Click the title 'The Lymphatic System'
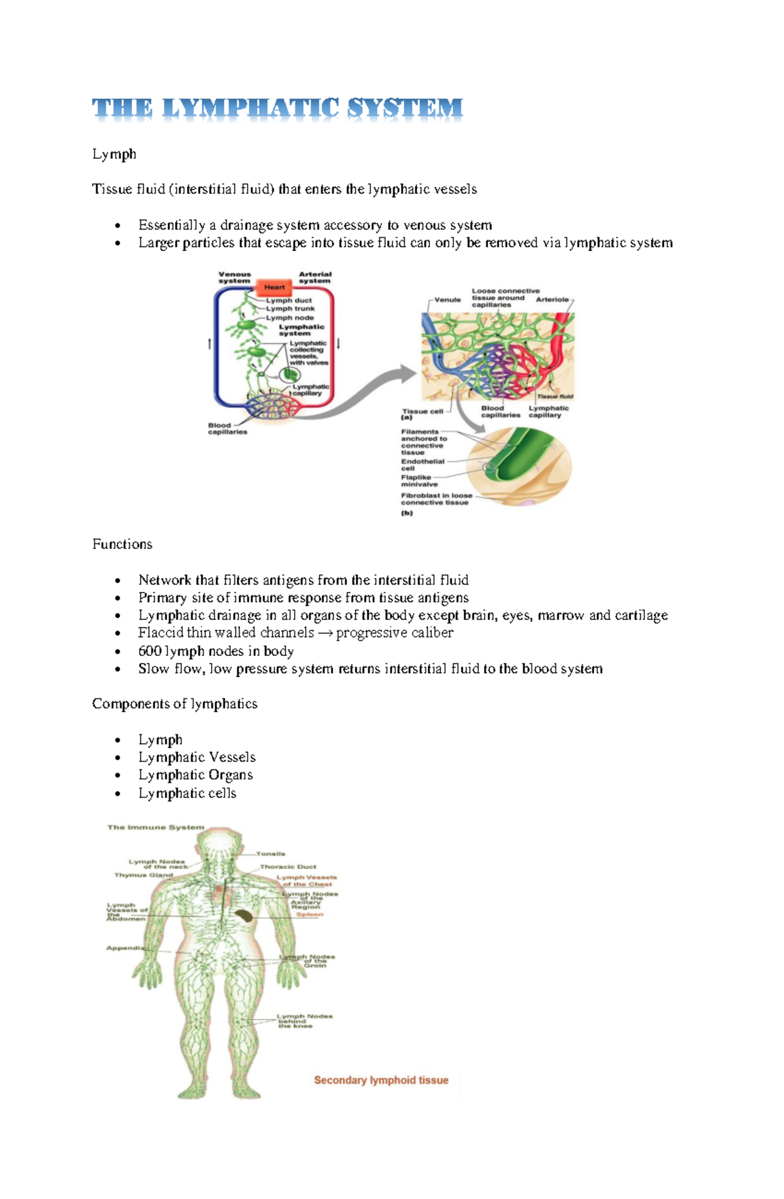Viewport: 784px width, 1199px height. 277,108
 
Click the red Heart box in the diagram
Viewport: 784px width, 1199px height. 274,287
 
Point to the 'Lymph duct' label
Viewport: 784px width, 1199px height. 289,301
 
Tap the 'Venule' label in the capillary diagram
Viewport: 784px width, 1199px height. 448,300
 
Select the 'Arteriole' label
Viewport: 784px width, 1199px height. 552,299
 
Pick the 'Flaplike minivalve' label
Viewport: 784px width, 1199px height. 419,481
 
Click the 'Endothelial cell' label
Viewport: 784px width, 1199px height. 422,465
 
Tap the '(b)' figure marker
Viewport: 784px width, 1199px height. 407,513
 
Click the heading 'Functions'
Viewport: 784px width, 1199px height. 122,544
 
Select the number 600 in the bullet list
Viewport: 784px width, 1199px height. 150,651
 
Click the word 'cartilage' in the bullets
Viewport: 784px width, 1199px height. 641,616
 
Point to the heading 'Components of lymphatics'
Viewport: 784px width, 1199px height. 174,704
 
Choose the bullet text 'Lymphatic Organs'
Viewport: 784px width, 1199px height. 195,775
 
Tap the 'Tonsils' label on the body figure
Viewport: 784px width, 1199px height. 270,853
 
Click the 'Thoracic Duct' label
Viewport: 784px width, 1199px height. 287,866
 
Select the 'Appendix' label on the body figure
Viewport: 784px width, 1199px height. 125,948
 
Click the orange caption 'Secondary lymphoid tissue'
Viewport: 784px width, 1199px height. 381,1080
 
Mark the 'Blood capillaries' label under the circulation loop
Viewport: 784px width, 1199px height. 227,428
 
